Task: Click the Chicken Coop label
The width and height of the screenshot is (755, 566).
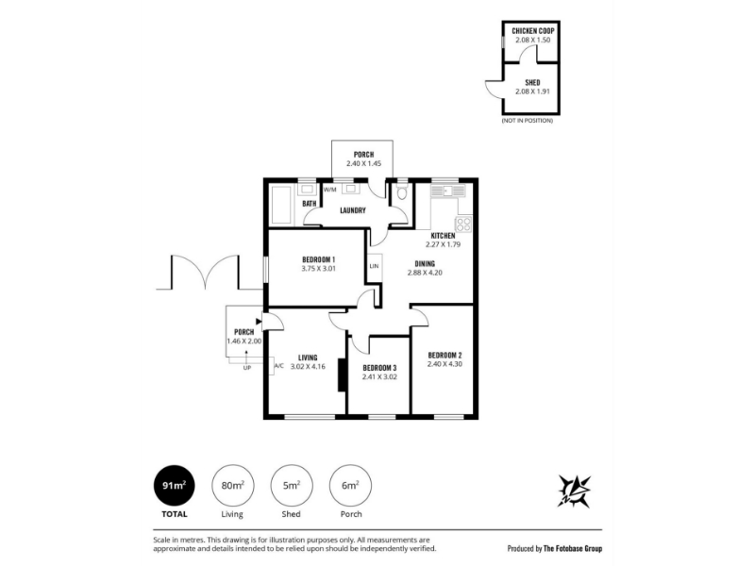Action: [x=532, y=31]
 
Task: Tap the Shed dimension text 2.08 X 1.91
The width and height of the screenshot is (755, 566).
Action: [x=532, y=91]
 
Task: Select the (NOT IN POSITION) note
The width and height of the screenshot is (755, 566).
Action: [x=528, y=121]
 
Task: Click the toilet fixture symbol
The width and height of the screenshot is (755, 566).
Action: [x=402, y=193]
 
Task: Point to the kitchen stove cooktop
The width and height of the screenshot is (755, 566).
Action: [x=463, y=224]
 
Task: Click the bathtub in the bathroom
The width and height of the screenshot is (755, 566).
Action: [x=280, y=206]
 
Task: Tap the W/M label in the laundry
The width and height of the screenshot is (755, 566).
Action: [x=329, y=190]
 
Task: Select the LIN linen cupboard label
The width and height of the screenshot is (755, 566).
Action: [x=374, y=266]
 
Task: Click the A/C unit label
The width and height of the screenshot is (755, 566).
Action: [x=278, y=366]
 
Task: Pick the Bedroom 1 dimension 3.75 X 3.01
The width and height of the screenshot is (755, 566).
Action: [x=318, y=269]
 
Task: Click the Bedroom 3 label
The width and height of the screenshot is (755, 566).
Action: [x=379, y=368]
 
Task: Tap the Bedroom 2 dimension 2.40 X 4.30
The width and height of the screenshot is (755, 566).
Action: [x=445, y=364]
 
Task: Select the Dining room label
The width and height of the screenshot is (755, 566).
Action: [x=425, y=264]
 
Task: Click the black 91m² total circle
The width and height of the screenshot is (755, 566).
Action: [x=175, y=486]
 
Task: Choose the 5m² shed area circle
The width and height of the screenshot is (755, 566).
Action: [x=292, y=486]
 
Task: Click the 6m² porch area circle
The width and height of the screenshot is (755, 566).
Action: [x=350, y=486]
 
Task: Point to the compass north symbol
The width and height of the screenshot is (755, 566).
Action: [x=574, y=491]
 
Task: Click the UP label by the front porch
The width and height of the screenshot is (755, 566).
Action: [x=247, y=368]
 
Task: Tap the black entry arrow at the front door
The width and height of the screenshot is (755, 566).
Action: [x=259, y=321]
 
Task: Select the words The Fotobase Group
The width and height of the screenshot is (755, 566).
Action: [x=573, y=548]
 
